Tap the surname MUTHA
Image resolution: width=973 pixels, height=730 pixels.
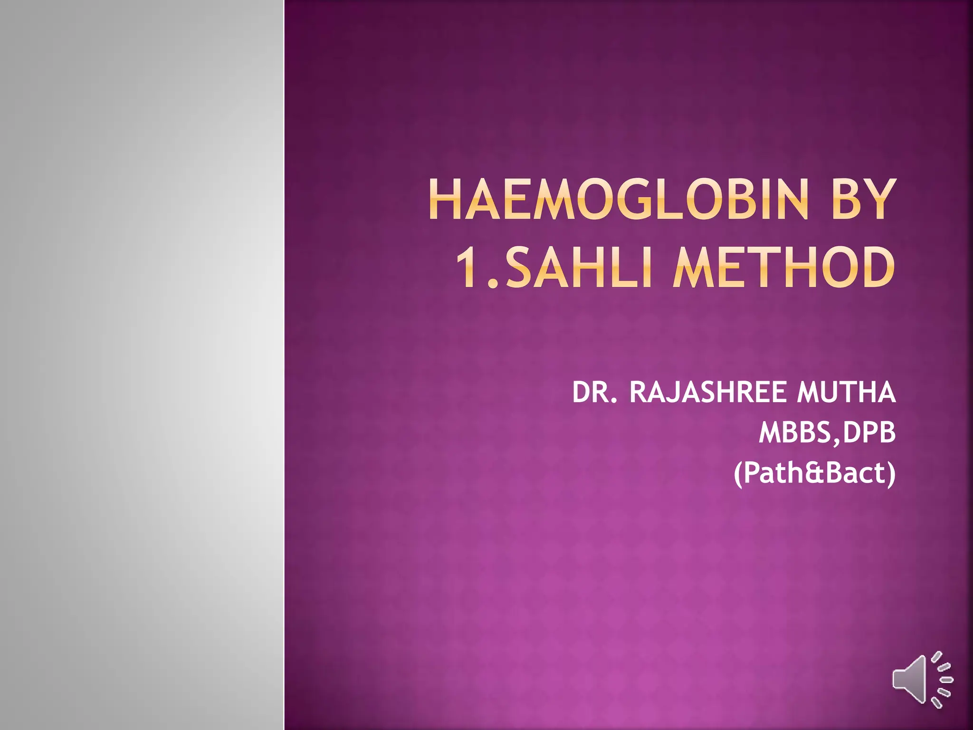pos(846,393)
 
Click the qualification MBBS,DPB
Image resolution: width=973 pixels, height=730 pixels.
pos(827,433)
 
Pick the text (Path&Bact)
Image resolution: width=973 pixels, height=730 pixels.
pos(814,473)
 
